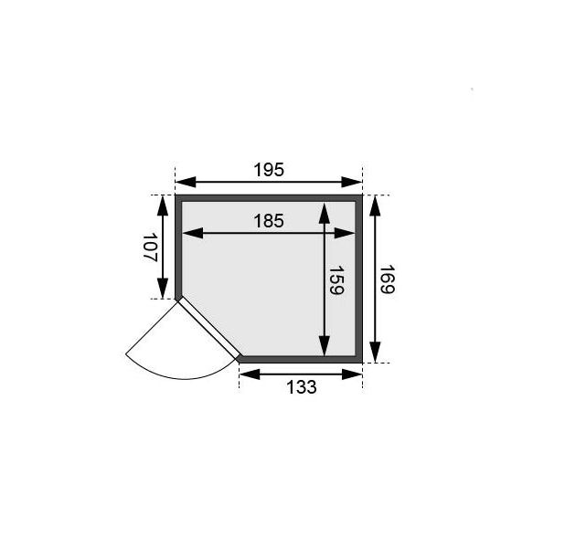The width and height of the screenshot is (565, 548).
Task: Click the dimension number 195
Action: (269, 170)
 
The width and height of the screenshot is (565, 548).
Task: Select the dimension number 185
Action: (269, 221)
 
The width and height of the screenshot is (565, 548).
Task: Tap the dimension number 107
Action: (150, 248)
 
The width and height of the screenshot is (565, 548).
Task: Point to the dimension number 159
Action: (336, 280)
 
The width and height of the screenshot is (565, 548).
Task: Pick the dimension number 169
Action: (388, 279)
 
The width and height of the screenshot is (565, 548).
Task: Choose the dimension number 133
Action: (301, 387)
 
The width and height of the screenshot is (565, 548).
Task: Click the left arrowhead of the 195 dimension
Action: (186, 182)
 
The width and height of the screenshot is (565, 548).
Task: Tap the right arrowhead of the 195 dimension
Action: (352, 182)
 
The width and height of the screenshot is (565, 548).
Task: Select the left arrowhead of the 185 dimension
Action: (193, 233)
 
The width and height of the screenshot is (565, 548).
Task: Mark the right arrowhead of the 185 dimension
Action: (345, 233)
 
